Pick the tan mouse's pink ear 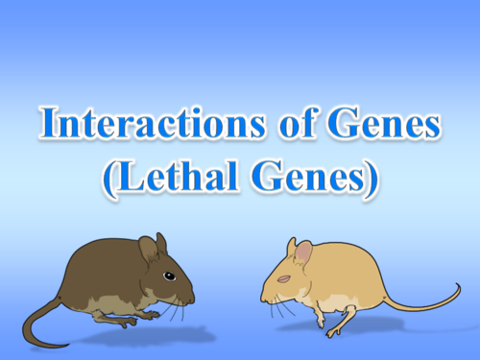point(302,252)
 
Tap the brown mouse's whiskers point(177,308)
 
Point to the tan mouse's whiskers point(278,306)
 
